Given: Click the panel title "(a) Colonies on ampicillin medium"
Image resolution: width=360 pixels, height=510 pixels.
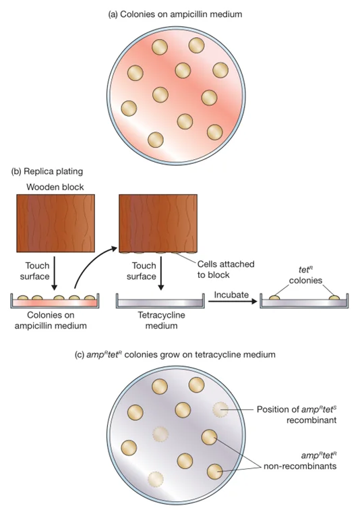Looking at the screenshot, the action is tap(175, 14).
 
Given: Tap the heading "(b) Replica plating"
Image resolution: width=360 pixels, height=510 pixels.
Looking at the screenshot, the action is tap(47, 171).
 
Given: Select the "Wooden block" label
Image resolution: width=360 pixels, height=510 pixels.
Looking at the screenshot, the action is tap(55, 187).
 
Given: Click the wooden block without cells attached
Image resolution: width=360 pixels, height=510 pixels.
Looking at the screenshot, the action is tap(55, 223).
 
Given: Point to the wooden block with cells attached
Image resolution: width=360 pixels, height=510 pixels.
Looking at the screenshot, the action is tap(158, 224).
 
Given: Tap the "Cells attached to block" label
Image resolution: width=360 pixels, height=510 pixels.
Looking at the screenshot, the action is tap(226, 269).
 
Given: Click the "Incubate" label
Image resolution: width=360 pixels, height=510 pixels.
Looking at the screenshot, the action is tap(231, 295).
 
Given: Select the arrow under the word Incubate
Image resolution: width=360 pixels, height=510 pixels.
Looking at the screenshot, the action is tap(233, 302).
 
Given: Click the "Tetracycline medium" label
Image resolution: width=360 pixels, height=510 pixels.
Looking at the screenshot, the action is tap(162, 320).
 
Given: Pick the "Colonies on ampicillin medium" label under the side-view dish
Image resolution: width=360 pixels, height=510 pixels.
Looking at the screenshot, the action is tap(51, 320).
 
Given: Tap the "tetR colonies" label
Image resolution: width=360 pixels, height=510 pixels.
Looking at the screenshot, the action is tap(305, 275).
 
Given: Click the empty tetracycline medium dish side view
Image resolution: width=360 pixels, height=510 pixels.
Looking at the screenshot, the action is tap(160, 301).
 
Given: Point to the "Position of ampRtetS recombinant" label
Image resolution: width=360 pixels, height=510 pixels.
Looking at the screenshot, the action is tap(297, 414).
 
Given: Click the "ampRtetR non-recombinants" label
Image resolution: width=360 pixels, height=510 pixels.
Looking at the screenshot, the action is tap(300, 461).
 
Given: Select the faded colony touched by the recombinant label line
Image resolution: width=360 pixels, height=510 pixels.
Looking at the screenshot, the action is tap(220, 409).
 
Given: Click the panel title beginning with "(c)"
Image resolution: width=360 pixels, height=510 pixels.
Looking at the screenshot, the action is tap(175, 354).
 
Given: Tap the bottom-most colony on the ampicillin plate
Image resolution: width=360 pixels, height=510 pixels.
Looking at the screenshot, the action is tap(156, 140).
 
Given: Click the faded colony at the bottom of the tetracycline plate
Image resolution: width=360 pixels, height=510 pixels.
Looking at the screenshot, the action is tap(156, 479).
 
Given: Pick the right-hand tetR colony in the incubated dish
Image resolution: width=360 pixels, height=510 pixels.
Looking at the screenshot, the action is tap(334, 297).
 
